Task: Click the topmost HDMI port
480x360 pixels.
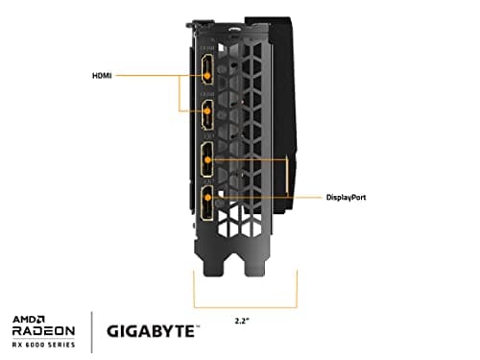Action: tap(206, 68)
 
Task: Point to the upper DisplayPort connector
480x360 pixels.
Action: tap(207, 160)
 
